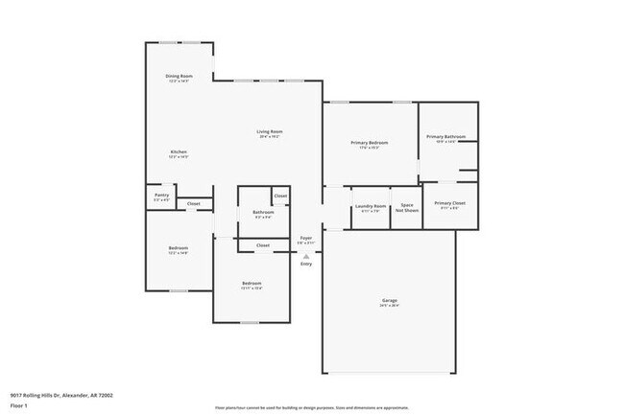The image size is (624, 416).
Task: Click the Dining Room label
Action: pos(179,76)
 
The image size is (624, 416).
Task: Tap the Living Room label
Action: pos(269,131)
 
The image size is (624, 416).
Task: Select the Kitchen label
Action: pos(179,151)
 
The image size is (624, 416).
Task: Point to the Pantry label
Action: pos(161,195)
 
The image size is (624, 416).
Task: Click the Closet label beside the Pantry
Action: pos(193,203)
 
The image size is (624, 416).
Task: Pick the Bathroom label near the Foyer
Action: pos(263,212)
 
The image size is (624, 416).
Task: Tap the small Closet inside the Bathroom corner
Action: pos(280,196)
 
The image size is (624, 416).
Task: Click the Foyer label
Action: pos(306,237)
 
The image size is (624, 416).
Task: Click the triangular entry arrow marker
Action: pos(306,255)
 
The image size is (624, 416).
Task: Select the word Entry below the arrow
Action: pos(306,264)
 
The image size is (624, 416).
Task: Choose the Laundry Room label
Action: pos(371,206)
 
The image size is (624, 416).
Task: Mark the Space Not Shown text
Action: pos(407,208)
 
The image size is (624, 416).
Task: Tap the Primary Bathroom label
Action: pos(446,136)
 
